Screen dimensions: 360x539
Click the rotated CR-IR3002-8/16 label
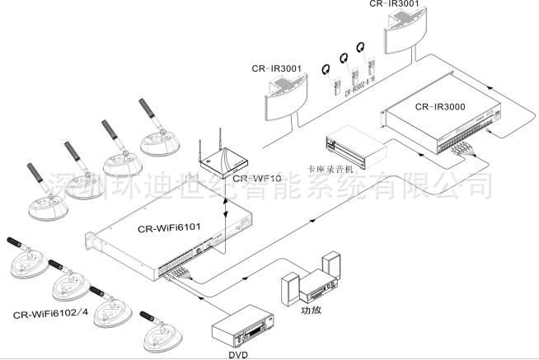click(363, 78)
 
